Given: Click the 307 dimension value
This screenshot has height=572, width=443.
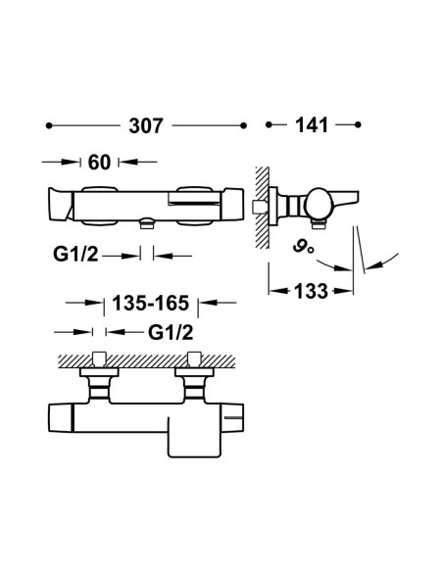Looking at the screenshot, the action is click(146, 126).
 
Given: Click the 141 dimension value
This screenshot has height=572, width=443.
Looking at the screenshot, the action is click(312, 125).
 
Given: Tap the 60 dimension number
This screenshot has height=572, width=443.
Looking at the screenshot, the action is click(99, 163).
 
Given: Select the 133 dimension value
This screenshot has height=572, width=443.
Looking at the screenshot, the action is click(311, 291).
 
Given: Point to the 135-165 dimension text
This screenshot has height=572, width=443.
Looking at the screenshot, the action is click(151, 303).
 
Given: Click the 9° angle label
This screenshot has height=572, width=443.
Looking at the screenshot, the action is click(303, 248).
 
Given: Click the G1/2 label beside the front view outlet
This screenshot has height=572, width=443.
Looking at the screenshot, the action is click(75, 254).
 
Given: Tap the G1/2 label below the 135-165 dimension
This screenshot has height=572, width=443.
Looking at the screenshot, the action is click(171, 332).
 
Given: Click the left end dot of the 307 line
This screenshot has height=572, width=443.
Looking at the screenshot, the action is click(49, 125).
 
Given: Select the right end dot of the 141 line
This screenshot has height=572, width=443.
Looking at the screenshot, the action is click(358, 124).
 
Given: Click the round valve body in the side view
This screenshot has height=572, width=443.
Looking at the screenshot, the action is click(317, 203).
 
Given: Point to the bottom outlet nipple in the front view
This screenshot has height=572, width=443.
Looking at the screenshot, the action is click(147, 223).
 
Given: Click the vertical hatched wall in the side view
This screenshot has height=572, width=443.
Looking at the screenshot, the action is click(262, 208).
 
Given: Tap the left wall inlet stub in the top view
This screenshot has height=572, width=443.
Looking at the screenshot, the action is click(99, 359).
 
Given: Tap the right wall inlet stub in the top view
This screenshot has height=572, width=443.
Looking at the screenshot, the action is click(194, 359).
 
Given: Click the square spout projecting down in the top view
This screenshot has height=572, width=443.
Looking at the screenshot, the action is click(194, 438).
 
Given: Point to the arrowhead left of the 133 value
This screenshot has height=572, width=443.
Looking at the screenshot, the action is click(278, 291).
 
